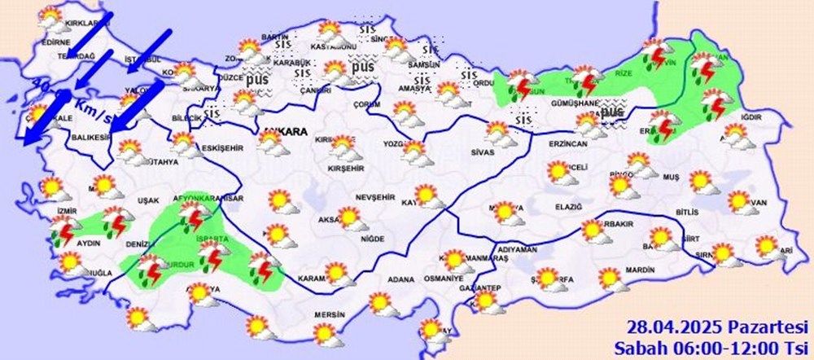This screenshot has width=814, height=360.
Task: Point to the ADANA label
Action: pos(400,279)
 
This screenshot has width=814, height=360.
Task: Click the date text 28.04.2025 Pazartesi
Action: pos(707,327)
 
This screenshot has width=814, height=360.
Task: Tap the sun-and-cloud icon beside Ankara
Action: pos(268,141)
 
